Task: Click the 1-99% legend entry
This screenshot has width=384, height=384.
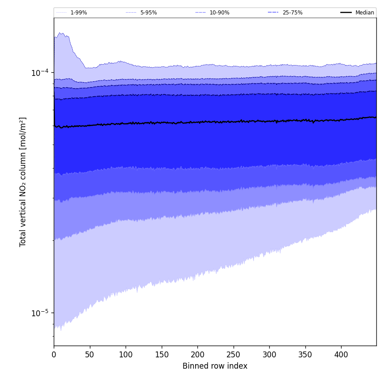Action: point(79,13)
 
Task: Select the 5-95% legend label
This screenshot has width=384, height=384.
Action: point(149,13)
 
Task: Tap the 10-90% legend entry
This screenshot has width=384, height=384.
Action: point(219,13)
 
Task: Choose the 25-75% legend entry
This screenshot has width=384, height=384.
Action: point(292,13)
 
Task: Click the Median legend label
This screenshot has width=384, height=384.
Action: point(365,13)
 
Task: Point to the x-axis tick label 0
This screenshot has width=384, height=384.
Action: point(54,355)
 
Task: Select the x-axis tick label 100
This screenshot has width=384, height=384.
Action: point(126,355)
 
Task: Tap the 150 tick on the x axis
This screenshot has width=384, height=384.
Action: point(161,355)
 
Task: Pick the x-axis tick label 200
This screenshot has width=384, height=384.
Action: point(197,355)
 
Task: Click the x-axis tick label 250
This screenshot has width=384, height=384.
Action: point(233,355)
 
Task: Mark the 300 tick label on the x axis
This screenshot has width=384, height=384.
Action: point(269,355)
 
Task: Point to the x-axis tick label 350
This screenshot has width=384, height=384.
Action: point(305,355)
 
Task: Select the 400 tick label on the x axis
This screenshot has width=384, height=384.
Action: point(341,355)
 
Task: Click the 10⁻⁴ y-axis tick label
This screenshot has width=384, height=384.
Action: point(40,73)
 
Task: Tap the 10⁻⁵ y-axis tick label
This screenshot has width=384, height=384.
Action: point(40,313)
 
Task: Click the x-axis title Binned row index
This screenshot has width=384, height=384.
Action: point(215,366)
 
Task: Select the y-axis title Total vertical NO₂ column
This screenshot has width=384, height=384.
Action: point(23,182)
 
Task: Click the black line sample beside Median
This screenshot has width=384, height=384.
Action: point(347,13)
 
